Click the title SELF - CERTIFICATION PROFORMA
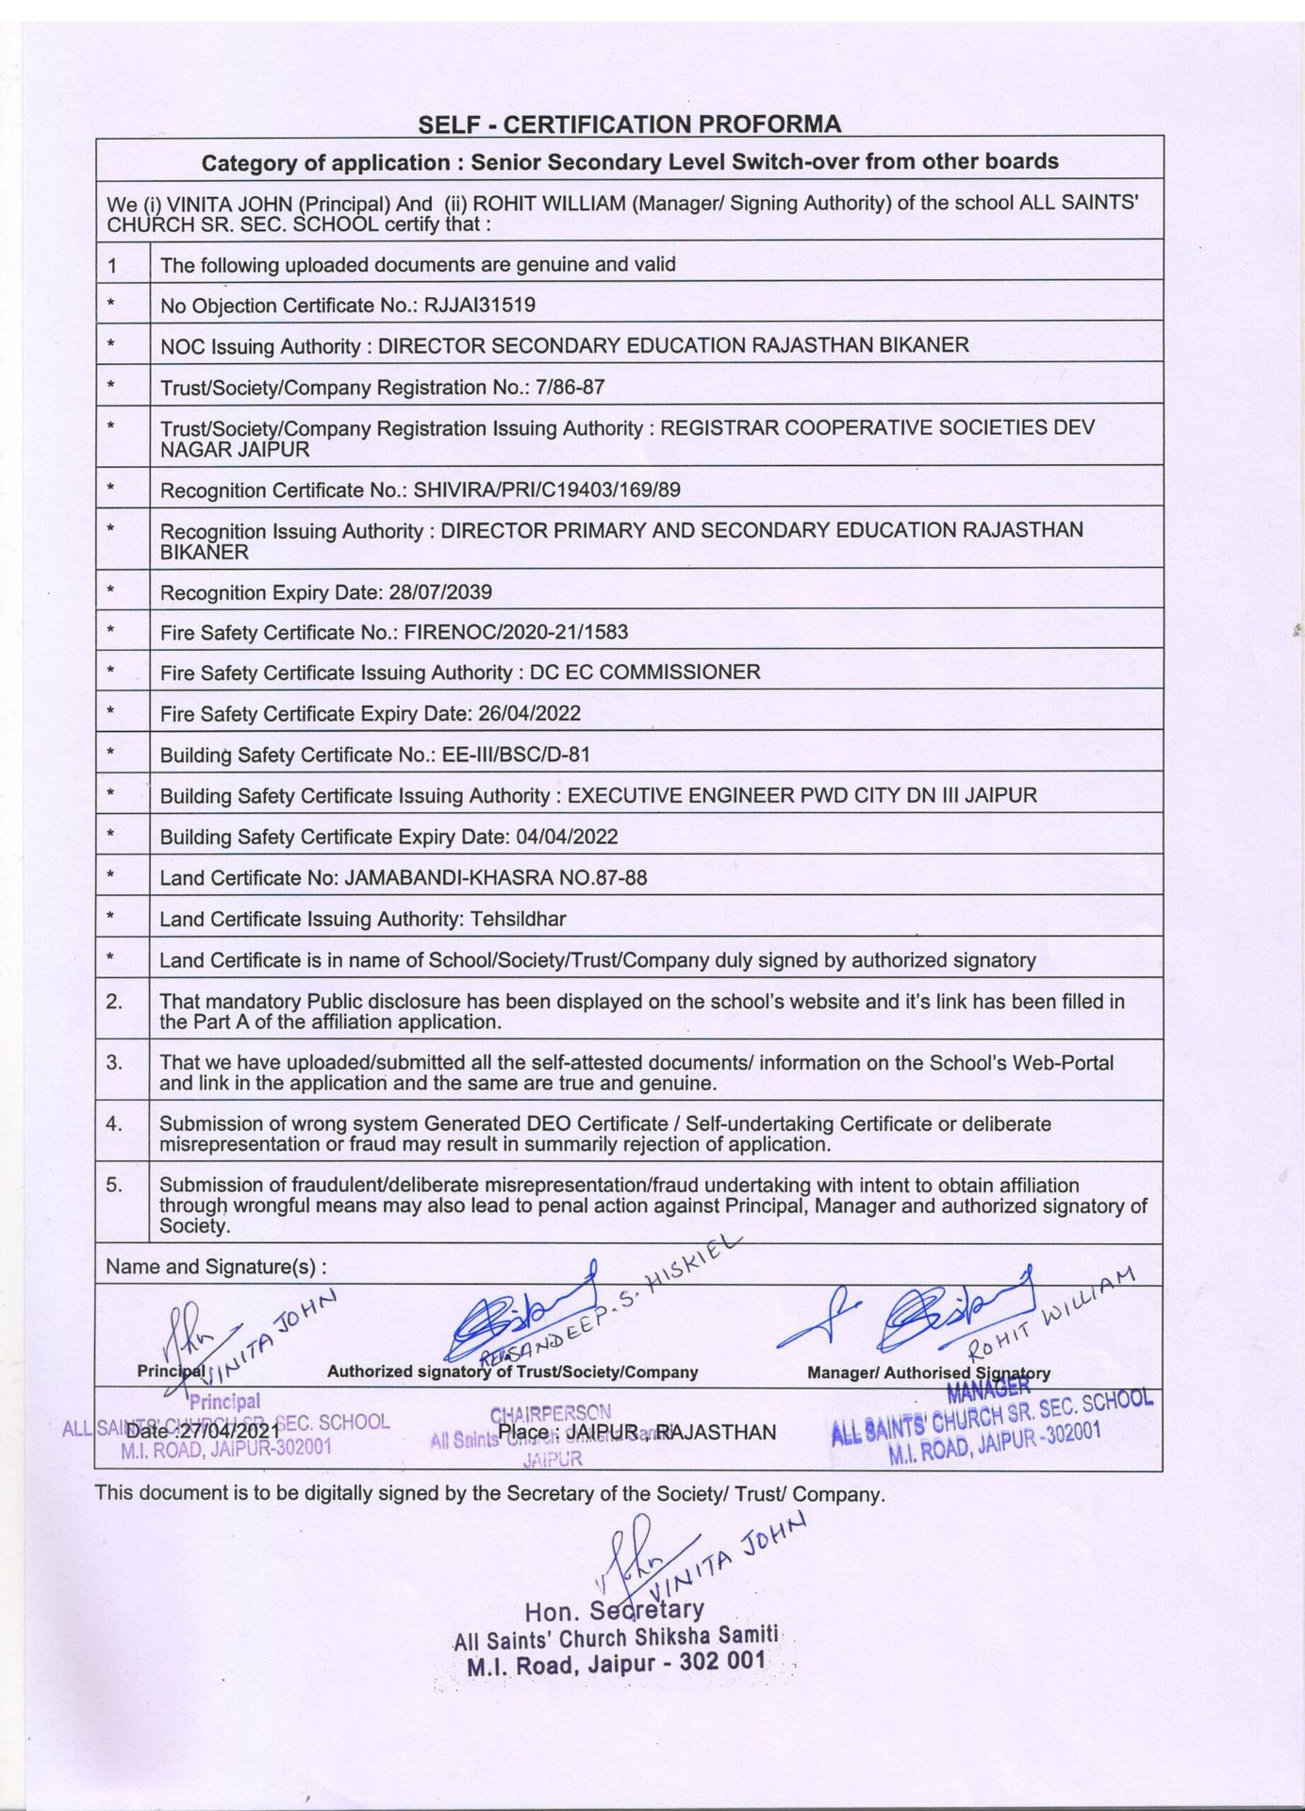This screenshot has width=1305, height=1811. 629,124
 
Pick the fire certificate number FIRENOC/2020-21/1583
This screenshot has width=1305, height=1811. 516,632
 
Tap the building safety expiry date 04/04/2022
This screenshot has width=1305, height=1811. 563,837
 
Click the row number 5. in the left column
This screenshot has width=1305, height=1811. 114,1186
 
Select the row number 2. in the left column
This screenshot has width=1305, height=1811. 114,1002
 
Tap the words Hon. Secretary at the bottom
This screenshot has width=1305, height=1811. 614,1608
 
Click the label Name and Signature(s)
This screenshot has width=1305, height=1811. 217,1267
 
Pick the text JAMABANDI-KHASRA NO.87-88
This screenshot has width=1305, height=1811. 496,877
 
